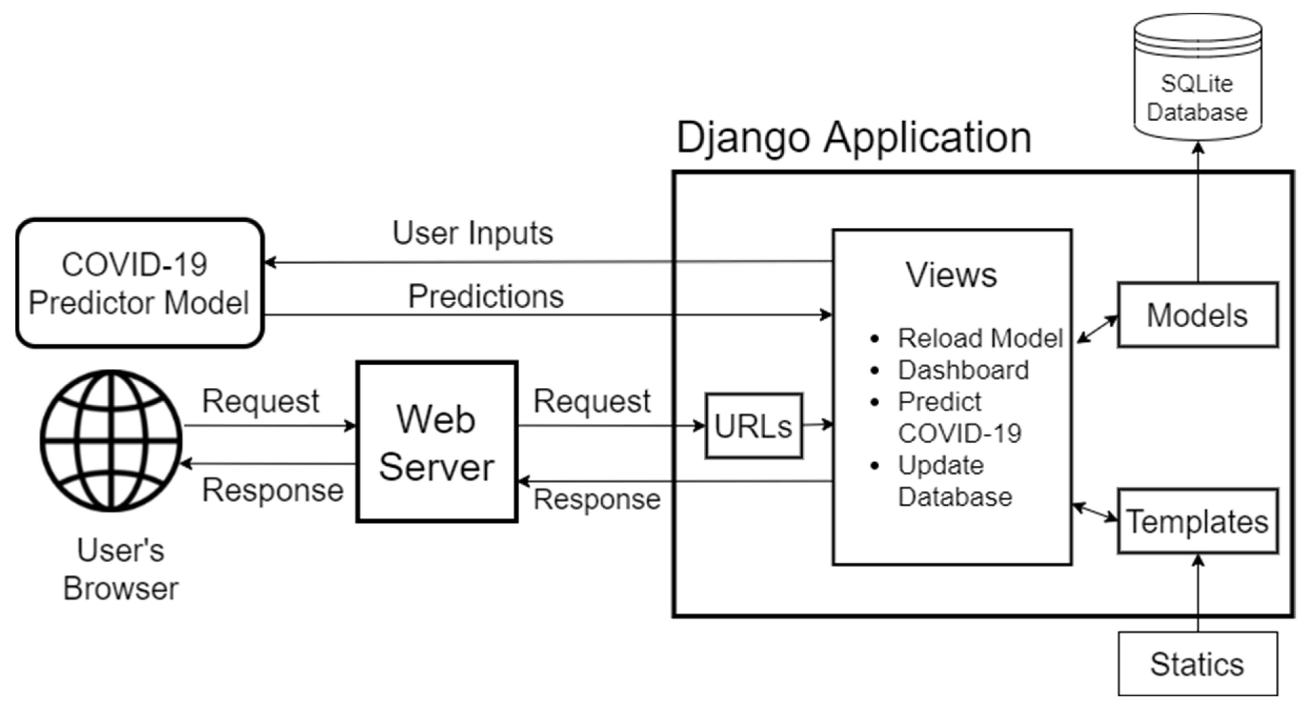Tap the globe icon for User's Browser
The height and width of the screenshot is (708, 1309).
coord(111,440)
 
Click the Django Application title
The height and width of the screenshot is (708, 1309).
coord(854,137)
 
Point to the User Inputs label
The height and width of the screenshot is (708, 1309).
coord(472,233)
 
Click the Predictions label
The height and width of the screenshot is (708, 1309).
coord(486,296)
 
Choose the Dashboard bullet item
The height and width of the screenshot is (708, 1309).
coord(963,370)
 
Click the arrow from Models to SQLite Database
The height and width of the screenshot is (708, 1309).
coord(1198,214)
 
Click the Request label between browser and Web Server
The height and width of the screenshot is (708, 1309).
coord(261,402)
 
